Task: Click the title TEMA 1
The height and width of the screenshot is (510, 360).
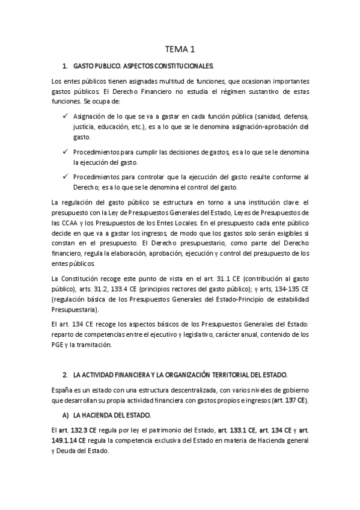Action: click(180, 49)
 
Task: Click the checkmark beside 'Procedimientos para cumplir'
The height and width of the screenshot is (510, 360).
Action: click(64, 150)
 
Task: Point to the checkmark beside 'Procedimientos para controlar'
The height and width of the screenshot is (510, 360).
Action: click(64, 176)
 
